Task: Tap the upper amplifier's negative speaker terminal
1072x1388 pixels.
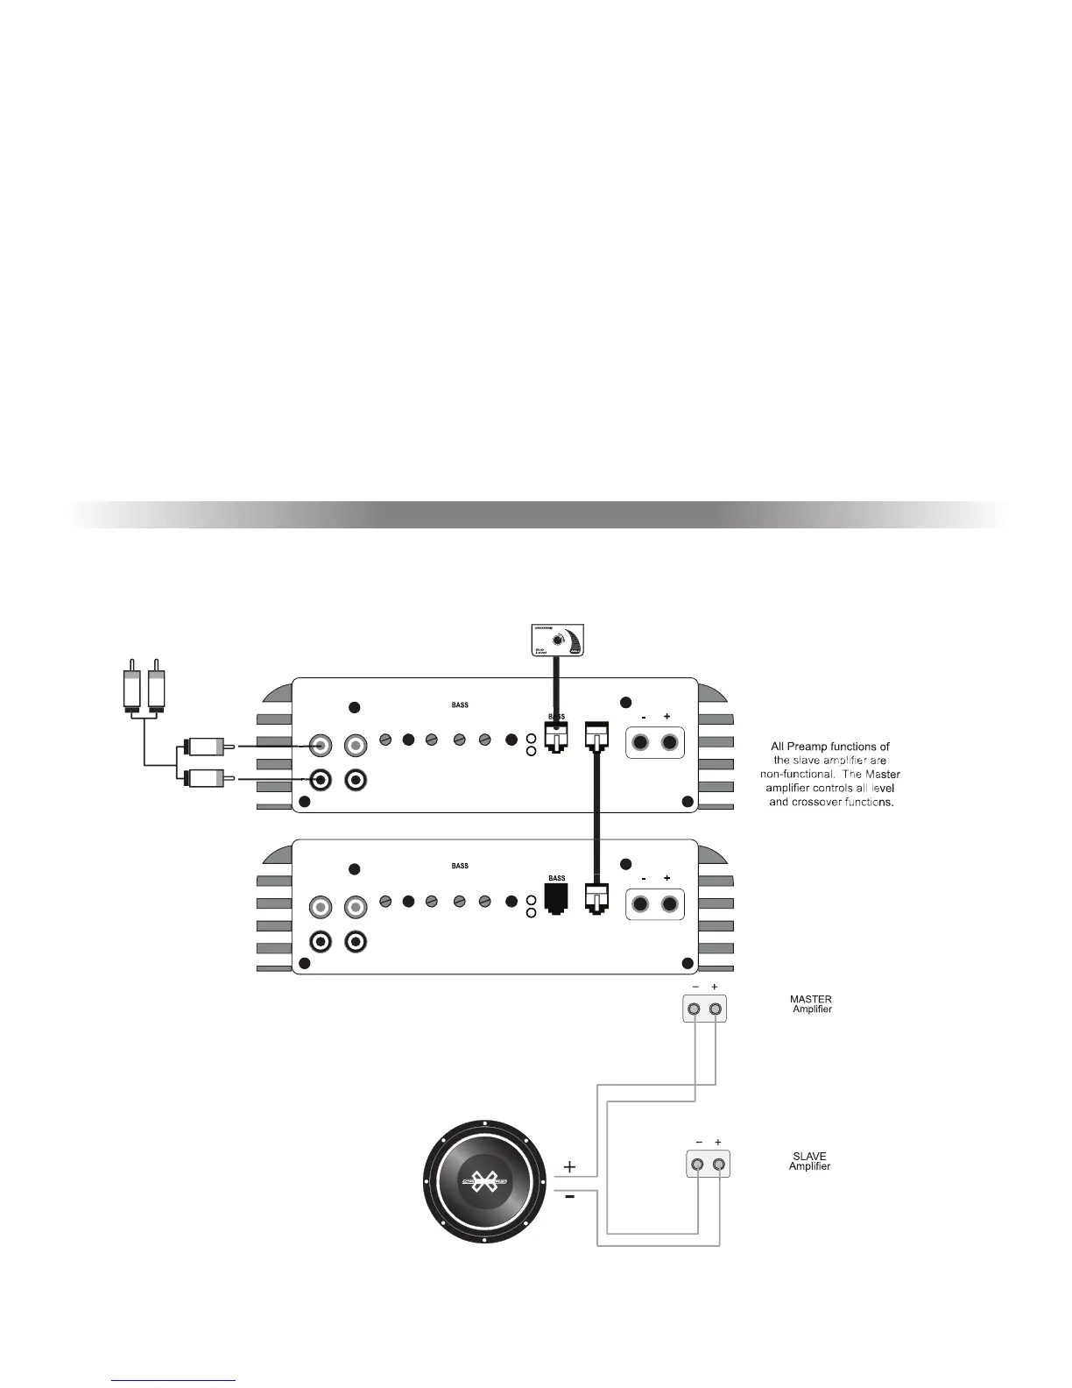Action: click(642, 743)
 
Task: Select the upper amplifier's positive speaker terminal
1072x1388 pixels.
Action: click(670, 743)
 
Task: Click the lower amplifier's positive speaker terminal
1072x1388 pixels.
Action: click(670, 904)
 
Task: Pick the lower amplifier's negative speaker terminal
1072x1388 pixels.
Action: click(642, 904)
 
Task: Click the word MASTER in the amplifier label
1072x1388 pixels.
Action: click(810, 999)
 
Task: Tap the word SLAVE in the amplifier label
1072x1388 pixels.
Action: click(809, 1156)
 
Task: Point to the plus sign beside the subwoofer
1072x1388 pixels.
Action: click(570, 1166)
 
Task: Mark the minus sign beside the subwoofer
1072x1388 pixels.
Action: click(570, 1199)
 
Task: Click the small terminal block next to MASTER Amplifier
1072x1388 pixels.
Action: click(705, 1009)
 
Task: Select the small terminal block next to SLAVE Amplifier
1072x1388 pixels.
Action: click(708, 1165)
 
